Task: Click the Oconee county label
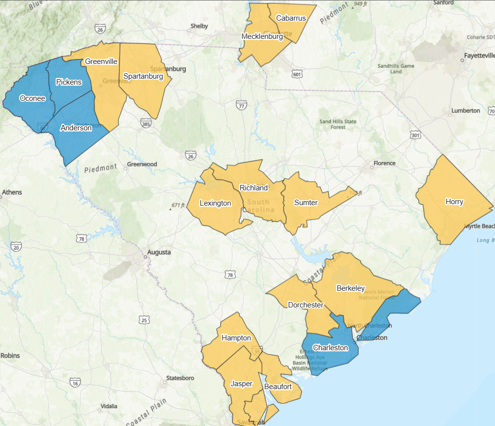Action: pyautogui.click(x=32, y=98)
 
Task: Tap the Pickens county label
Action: pyautogui.click(x=69, y=82)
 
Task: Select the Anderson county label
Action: pyautogui.click(x=76, y=128)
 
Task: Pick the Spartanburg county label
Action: pyautogui.click(x=143, y=76)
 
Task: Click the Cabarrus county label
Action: pyautogui.click(x=291, y=18)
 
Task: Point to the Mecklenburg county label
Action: pyautogui.click(x=262, y=36)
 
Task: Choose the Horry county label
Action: pyautogui.click(x=454, y=202)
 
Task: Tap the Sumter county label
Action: pyautogui.click(x=306, y=203)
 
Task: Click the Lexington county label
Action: pyautogui.click(x=216, y=203)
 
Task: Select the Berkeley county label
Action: pyautogui.click(x=350, y=288)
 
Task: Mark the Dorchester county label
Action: pyautogui.click(x=306, y=305)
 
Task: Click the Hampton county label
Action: pyautogui.click(x=236, y=338)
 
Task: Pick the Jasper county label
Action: pyautogui.click(x=242, y=384)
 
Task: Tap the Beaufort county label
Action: pyautogui.click(x=278, y=387)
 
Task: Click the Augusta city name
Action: pyautogui.click(x=159, y=252)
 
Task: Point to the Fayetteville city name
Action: pyautogui.click(x=479, y=56)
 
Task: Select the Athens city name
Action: pyautogui.click(x=12, y=192)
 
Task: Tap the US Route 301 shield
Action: pyautogui.click(x=416, y=134)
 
